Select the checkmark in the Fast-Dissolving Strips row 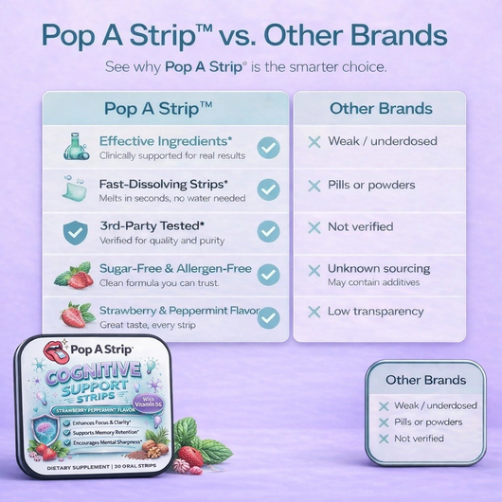coord(268,189)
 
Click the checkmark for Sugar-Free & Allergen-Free coord(268,275)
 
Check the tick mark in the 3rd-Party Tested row coord(268,231)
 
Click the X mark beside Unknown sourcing coord(314,270)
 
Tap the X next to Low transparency coord(314,312)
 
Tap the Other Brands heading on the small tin coord(425,381)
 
